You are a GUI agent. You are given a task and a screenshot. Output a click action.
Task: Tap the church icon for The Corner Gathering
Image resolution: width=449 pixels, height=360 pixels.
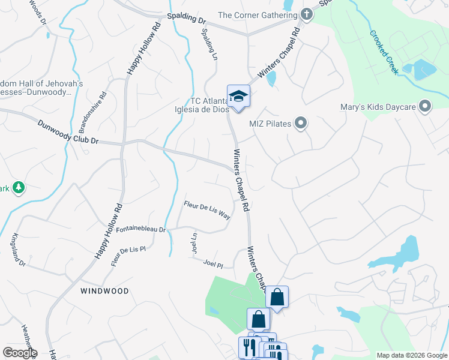coord(307,14)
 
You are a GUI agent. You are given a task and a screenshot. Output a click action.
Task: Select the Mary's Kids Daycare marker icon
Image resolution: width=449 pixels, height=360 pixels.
coord(426,107)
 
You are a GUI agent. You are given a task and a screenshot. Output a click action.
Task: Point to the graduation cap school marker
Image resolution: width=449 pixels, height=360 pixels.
coord(238,96)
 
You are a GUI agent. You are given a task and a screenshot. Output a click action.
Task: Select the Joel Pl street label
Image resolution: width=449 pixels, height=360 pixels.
coord(213,263)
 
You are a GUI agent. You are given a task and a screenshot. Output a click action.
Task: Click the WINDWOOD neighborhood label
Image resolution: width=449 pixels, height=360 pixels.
coord(105,290)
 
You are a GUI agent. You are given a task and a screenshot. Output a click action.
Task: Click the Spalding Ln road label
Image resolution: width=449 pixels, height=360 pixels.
coord(209,45)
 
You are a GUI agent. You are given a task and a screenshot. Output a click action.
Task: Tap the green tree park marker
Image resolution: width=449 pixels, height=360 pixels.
coord(19,188)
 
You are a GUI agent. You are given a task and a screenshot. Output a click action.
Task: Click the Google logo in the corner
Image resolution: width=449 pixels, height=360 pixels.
coord(20,353)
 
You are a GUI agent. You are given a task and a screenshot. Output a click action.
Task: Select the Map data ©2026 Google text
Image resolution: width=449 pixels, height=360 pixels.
coord(411,355)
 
